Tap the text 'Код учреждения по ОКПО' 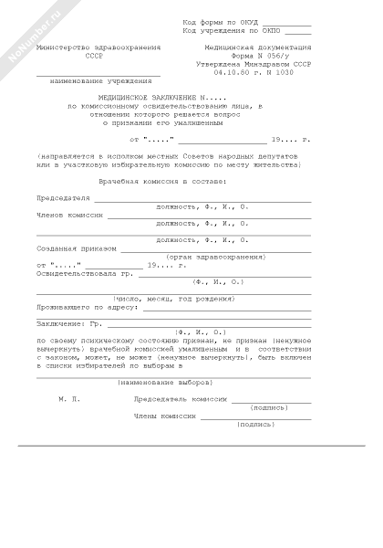click(x=232, y=30)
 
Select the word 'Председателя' click(x=63, y=196)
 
